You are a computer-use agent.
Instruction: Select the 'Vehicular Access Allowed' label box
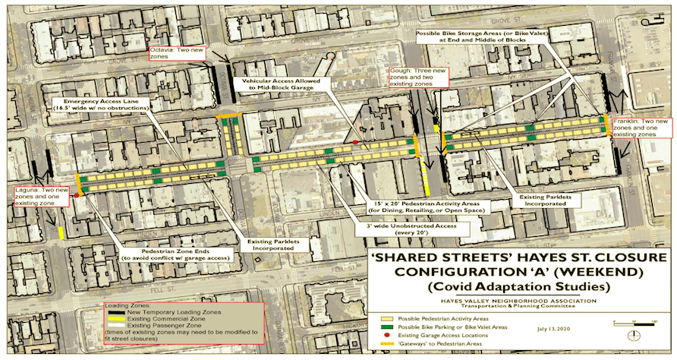[x=281, y=84]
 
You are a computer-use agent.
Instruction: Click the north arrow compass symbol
[x=634, y=336]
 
